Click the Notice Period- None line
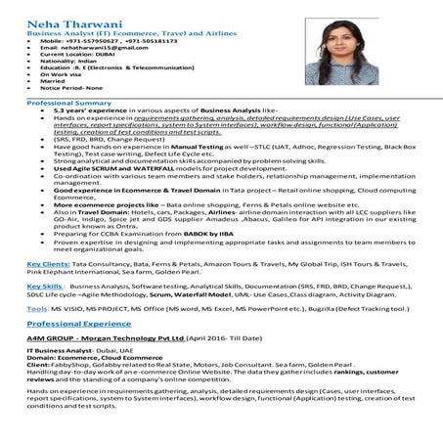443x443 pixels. pos(74,88)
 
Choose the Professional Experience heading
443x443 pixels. pos(81,322)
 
